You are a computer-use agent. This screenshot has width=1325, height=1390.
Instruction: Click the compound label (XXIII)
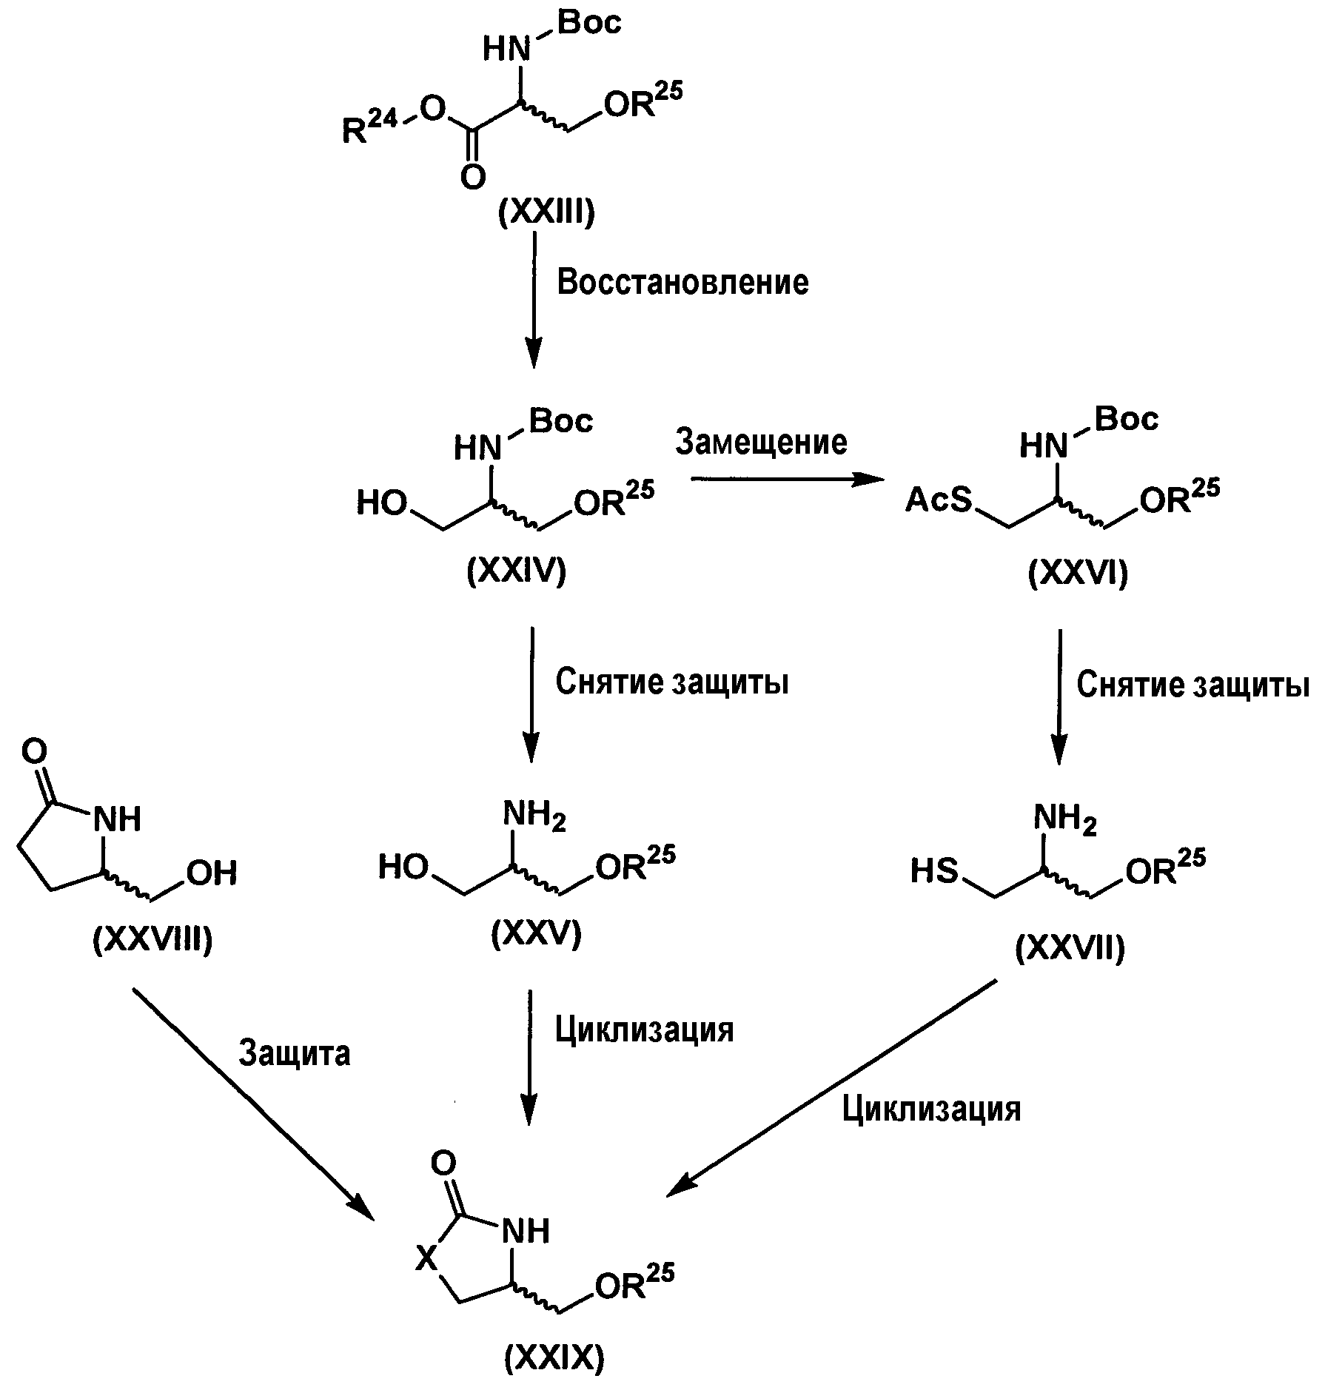tap(546, 214)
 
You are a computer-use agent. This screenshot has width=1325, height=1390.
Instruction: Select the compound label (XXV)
tap(536, 935)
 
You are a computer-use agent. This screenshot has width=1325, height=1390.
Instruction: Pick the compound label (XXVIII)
tap(152, 940)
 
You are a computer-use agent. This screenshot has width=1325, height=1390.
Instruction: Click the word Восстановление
tap(682, 283)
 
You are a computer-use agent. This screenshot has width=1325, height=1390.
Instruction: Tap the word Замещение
tap(762, 443)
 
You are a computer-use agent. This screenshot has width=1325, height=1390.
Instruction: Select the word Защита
tap(295, 1053)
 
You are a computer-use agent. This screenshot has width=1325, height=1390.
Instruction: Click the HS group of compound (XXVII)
tap(934, 871)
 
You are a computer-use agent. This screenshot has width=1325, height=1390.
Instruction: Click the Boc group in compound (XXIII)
tap(589, 24)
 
